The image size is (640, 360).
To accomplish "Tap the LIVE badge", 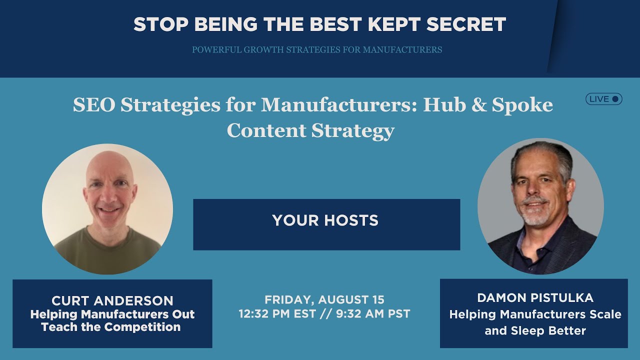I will (x=604, y=99).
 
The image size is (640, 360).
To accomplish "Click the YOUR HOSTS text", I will (x=325, y=220).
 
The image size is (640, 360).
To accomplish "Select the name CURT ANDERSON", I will (x=112, y=301).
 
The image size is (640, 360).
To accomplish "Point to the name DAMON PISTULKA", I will (x=535, y=298).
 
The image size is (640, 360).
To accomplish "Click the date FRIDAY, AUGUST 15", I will (x=324, y=299).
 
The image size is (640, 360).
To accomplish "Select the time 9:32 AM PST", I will (x=372, y=314).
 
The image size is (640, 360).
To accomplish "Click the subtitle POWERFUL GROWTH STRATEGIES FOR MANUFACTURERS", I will (x=317, y=49).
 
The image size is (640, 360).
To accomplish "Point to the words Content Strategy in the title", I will (x=310, y=130).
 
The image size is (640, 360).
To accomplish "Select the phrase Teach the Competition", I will (x=111, y=327).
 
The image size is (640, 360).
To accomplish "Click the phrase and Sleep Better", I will (x=535, y=330).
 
